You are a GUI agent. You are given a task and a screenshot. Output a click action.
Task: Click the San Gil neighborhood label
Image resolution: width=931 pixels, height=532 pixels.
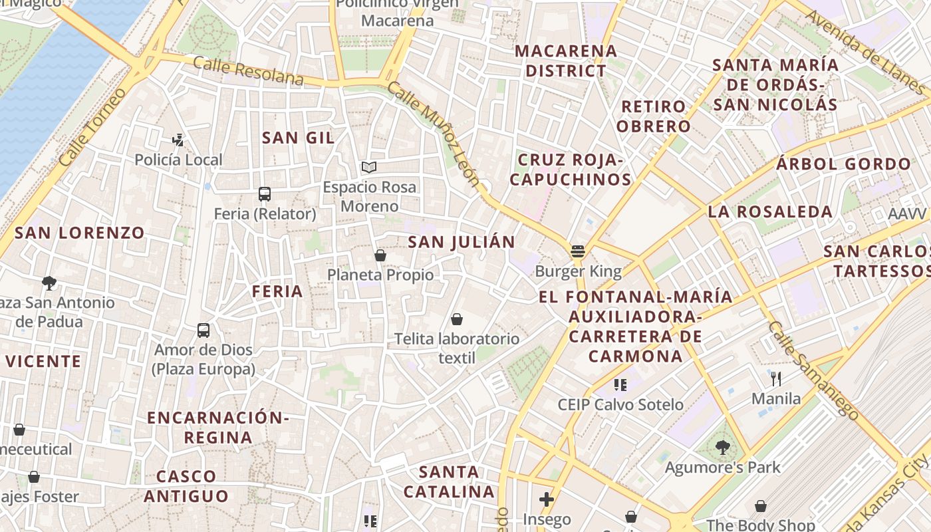pos(298,138)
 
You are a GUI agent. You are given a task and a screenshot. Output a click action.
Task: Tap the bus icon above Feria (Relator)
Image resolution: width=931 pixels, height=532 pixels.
pos(265,194)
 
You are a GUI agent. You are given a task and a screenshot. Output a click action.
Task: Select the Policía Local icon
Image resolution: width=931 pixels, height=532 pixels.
pos(178,140)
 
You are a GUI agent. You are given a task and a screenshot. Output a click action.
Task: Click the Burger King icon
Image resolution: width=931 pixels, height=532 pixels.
pos(577,251)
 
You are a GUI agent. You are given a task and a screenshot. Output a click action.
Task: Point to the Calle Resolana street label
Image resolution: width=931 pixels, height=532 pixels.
pos(248,71)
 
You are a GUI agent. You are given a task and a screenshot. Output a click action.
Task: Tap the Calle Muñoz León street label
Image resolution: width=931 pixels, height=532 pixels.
pos(433,134)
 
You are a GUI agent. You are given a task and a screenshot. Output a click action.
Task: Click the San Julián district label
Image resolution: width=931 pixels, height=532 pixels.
pos(462,242)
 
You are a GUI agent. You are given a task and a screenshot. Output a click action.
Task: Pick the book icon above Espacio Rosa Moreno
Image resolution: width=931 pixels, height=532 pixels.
pos(369,167)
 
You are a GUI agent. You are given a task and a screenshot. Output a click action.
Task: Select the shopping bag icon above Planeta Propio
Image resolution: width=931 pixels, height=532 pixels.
pos(380,255)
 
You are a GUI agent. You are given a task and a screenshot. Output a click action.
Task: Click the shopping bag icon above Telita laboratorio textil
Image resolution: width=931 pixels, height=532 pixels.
pos(456,320)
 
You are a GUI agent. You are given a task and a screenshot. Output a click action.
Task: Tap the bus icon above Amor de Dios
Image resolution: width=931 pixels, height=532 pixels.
pos(203,331)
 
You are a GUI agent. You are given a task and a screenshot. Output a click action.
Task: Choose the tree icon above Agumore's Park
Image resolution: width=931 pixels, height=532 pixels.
pos(723,448)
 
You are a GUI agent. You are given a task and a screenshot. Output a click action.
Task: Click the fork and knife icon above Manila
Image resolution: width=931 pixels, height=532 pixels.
pos(776,379)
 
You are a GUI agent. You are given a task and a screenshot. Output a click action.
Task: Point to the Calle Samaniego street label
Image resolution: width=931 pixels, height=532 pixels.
pos(813,370)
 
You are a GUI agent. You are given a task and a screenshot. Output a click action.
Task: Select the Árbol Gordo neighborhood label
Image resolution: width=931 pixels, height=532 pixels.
pos(843,164)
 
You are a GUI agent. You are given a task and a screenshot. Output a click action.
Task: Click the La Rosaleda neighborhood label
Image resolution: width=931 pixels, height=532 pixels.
pos(770,212)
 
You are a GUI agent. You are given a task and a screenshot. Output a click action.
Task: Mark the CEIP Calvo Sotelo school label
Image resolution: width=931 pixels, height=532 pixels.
pos(620,404)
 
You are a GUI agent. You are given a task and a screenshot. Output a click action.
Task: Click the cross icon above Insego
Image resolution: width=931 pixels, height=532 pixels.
pos(547,499)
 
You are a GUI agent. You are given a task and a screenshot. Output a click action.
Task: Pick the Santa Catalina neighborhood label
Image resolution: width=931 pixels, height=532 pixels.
pos(450,482)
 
